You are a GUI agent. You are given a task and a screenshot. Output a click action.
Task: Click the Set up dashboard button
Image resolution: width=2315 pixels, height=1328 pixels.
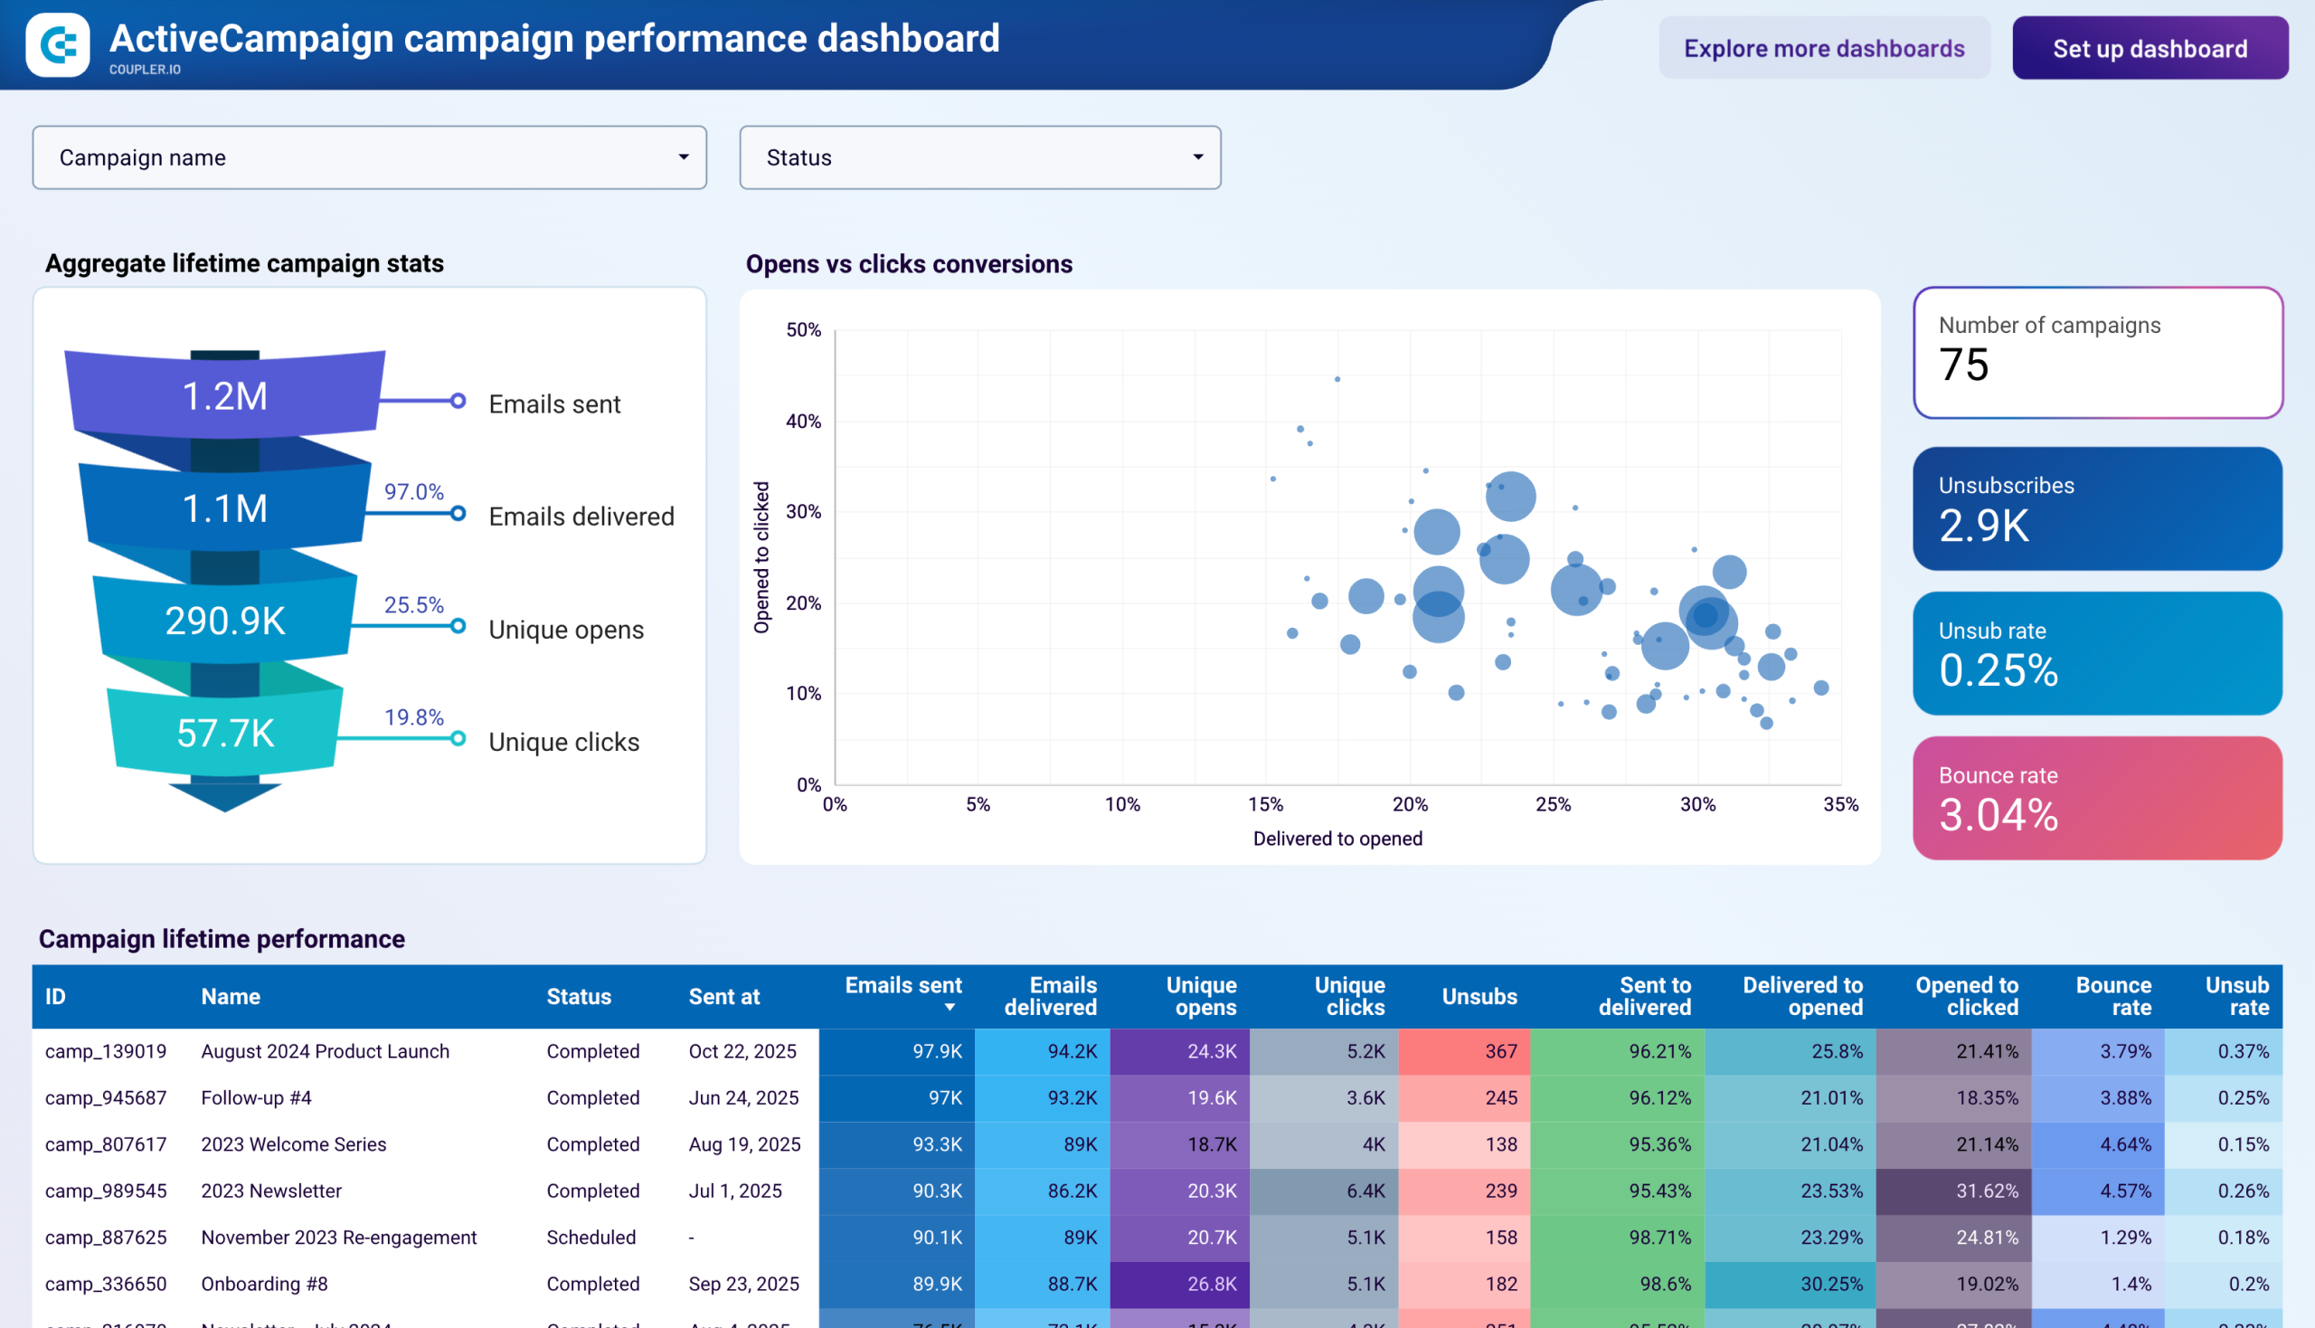point(2149,48)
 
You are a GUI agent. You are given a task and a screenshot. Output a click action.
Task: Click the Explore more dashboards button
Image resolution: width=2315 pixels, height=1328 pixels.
point(1823,48)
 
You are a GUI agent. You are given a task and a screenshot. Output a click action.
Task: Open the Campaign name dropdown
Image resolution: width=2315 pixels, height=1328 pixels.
point(369,157)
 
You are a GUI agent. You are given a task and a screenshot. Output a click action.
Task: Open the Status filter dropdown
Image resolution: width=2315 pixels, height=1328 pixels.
point(979,157)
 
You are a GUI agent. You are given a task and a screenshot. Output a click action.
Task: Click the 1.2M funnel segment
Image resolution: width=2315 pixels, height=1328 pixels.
point(224,396)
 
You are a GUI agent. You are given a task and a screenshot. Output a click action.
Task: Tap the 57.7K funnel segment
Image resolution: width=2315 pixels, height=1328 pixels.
point(224,734)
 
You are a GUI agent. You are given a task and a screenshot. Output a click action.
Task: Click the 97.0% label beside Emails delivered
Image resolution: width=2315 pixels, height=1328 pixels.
point(413,491)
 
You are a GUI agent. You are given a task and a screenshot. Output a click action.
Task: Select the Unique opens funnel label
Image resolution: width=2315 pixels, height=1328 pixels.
point(565,630)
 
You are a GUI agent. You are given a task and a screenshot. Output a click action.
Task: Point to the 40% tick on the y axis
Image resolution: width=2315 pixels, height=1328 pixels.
point(802,422)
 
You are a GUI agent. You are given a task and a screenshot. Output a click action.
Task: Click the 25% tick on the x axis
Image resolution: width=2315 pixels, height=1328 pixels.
point(1553,804)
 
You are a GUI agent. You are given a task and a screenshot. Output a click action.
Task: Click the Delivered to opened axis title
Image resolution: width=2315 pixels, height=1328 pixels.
point(1337,839)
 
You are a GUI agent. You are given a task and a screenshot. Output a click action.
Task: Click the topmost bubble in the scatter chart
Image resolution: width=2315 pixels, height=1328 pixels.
point(1337,379)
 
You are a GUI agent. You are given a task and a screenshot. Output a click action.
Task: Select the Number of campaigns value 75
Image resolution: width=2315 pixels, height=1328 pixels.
point(1963,365)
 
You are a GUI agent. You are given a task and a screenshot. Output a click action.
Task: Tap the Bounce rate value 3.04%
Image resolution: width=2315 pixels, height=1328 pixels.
point(1998,814)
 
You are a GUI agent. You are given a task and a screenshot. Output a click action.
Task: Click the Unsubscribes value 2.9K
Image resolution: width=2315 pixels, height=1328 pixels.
point(1983,526)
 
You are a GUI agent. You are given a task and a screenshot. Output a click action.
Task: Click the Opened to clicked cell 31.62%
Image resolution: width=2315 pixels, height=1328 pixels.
point(1987,1190)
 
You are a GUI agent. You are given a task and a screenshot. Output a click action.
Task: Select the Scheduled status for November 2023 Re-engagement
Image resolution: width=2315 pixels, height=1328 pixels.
point(591,1237)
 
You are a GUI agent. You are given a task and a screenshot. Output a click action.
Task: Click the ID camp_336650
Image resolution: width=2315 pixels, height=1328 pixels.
point(106,1284)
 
